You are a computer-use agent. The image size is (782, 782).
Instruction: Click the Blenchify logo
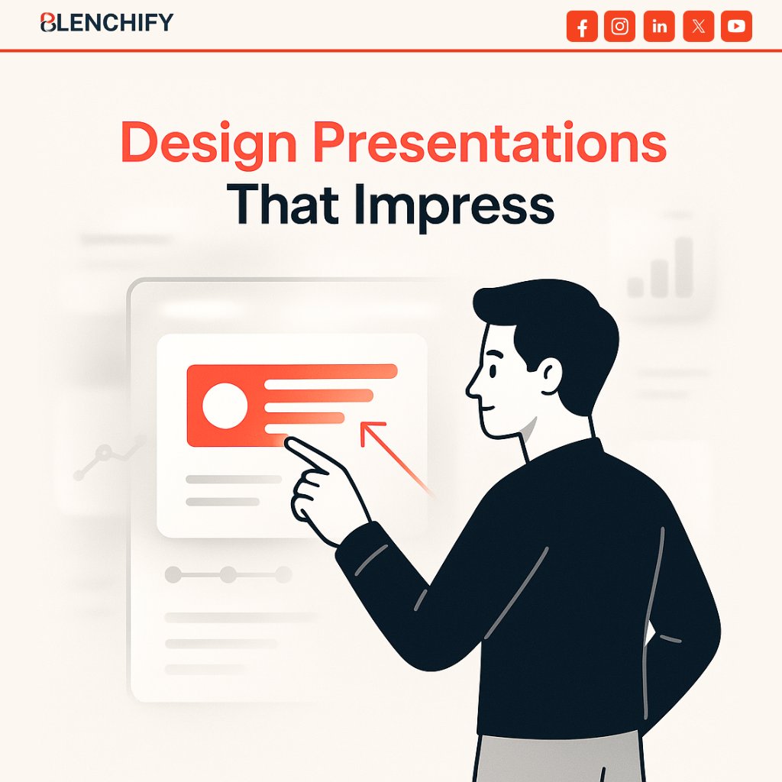(x=106, y=23)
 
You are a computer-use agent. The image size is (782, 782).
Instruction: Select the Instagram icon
(x=620, y=27)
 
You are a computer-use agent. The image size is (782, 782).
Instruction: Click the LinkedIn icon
(x=659, y=27)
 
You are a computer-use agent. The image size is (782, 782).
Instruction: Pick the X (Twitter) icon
(x=698, y=27)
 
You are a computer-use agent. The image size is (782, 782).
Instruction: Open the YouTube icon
(x=736, y=27)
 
